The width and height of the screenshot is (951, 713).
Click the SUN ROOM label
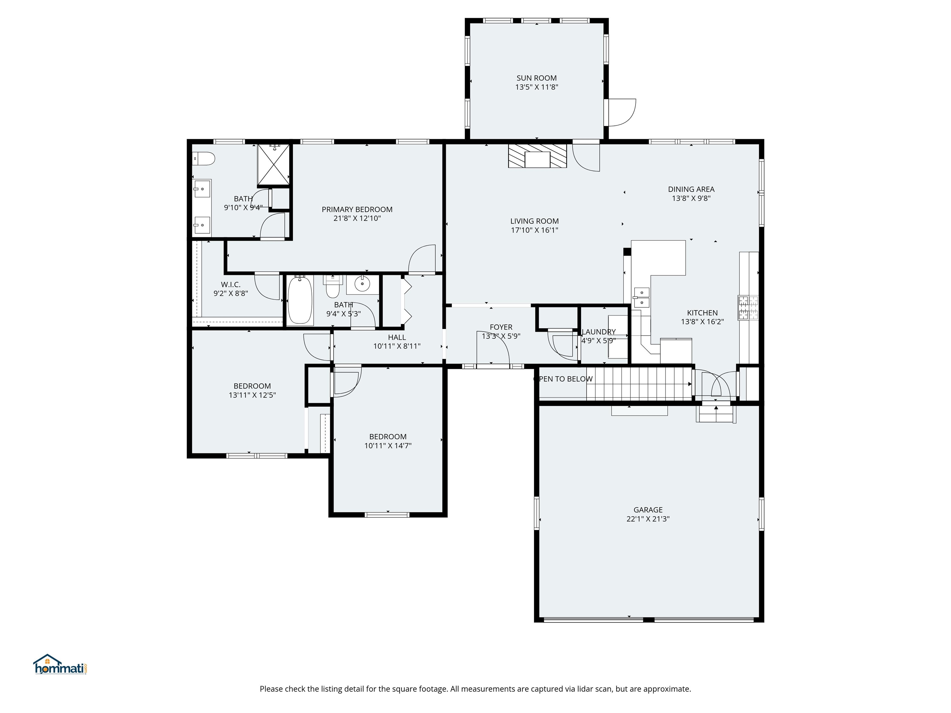click(x=536, y=78)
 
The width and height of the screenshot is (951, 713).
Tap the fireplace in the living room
click(x=537, y=156)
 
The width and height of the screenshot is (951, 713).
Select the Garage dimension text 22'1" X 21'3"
click(x=648, y=519)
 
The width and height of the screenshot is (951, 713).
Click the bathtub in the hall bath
click(x=300, y=300)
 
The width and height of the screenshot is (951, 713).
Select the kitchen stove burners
click(x=748, y=308)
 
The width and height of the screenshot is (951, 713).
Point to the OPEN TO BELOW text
click(x=563, y=379)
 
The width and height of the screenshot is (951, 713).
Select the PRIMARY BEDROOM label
click(x=357, y=209)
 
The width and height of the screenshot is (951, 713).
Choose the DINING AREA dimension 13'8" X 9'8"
click(x=691, y=198)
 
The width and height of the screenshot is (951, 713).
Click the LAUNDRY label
click(x=598, y=332)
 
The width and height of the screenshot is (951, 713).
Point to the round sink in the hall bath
click(x=363, y=284)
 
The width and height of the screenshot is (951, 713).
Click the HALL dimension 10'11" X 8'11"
click(x=396, y=346)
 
